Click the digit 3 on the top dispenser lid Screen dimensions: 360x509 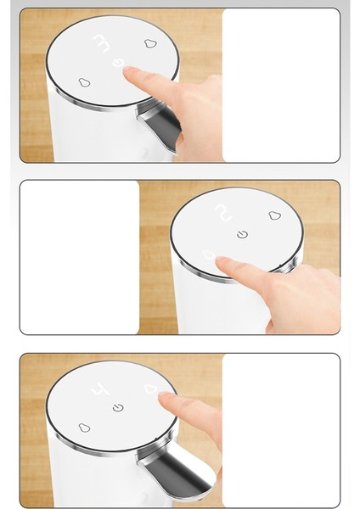click(101, 43)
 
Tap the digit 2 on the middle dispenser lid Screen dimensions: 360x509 click(224, 213)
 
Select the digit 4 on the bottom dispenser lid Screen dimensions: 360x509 click(100, 389)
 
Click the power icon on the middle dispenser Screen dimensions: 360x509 click(242, 234)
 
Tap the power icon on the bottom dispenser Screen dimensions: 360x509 click(118, 407)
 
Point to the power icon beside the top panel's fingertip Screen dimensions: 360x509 click(118, 62)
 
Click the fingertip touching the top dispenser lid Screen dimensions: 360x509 click(128, 70)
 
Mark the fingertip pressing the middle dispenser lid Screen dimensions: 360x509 click(221, 260)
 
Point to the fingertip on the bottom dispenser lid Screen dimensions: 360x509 click(164, 396)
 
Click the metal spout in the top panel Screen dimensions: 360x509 click(160, 122)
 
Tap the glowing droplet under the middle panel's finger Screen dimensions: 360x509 click(209, 255)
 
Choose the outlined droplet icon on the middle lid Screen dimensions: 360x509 click(274, 215)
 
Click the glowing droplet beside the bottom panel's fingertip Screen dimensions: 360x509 click(151, 389)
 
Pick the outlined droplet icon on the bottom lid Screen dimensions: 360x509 click(84, 428)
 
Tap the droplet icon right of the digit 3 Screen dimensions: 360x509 click(150, 43)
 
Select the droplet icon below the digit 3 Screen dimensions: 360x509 click(84, 82)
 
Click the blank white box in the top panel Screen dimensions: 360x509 click(281, 85)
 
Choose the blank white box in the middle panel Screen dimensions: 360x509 click(80, 257)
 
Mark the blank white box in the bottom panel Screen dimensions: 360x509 click(281, 430)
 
